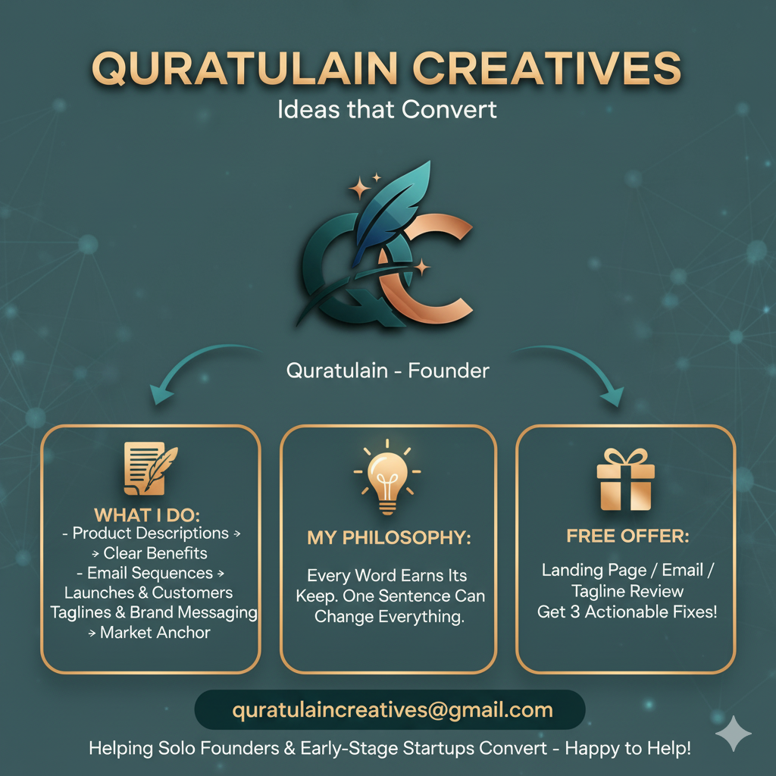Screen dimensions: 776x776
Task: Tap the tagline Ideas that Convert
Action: point(387,109)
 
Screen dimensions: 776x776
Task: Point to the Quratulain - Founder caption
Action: point(387,371)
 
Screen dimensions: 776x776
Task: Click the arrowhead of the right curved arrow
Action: point(612,396)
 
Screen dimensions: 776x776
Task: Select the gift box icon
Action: point(625,479)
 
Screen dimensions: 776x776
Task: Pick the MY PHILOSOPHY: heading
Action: point(389,538)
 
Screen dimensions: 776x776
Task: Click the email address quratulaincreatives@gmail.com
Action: point(393,711)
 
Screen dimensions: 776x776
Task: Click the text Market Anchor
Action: point(155,632)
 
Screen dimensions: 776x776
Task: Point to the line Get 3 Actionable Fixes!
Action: point(627,612)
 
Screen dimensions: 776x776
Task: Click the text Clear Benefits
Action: point(155,553)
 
